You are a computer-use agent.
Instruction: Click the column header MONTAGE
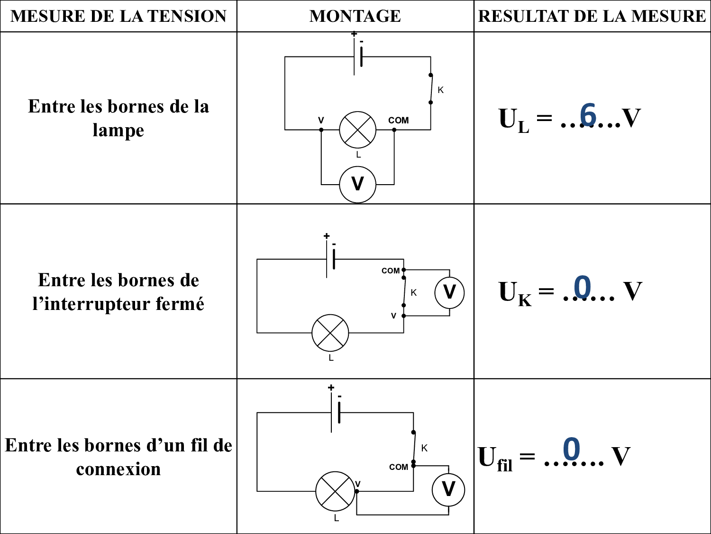pyautogui.click(x=355, y=16)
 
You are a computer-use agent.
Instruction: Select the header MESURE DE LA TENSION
pyautogui.click(x=118, y=16)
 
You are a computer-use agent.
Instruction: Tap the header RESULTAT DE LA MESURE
pyautogui.click(x=592, y=16)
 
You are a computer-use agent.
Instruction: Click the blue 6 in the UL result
pyautogui.click(x=588, y=115)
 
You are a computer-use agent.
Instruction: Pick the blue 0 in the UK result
pyautogui.click(x=583, y=288)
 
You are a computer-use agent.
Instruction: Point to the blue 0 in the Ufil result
pyautogui.click(x=572, y=449)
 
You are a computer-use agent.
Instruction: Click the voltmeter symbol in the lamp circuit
pyautogui.click(x=357, y=184)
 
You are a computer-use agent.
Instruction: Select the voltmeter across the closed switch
pyautogui.click(x=449, y=292)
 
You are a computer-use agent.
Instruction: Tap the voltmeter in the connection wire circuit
pyautogui.click(x=448, y=489)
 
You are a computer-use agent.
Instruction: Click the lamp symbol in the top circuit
pyautogui.click(x=357, y=130)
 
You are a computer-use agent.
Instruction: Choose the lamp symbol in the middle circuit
pyautogui.click(x=330, y=333)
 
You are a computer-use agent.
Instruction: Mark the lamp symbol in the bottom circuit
pyautogui.click(x=335, y=491)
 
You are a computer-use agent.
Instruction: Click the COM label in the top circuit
pyautogui.click(x=398, y=121)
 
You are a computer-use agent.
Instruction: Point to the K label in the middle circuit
pyautogui.click(x=414, y=293)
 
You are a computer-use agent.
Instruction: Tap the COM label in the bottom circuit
pyautogui.click(x=398, y=467)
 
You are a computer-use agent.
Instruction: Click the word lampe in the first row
pyautogui.click(x=118, y=130)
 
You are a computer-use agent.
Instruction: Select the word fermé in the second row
pyautogui.click(x=181, y=304)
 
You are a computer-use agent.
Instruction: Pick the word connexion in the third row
pyautogui.click(x=118, y=469)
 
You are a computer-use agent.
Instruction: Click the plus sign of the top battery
pyautogui.click(x=354, y=34)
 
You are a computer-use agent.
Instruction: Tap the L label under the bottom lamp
pyautogui.click(x=337, y=518)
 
